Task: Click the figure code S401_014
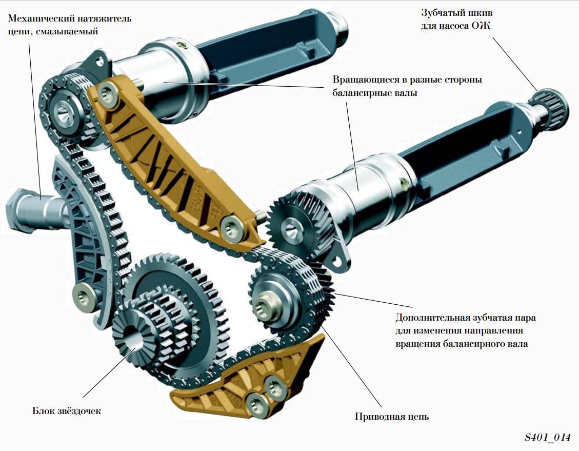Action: [547, 438]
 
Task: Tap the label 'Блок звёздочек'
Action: [67, 411]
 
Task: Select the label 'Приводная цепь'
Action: [392, 417]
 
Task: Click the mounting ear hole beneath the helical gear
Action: [336, 261]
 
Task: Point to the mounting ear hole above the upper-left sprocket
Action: [98, 62]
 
